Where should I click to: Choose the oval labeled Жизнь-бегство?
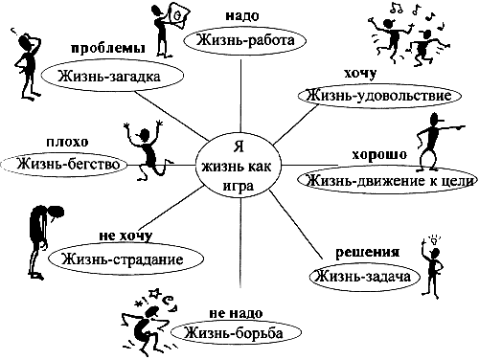coord(66,163)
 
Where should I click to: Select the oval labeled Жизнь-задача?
coord(366,277)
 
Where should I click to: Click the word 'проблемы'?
coord(107,48)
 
